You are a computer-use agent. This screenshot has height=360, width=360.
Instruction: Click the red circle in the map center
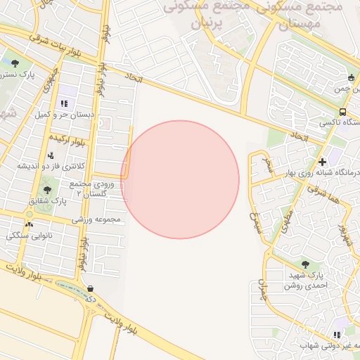point(180,180)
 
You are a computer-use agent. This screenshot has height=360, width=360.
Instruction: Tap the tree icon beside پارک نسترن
point(15,64)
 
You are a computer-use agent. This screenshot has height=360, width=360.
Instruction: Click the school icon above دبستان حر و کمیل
point(64,103)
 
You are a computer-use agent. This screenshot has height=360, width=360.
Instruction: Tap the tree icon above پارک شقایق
point(47,190)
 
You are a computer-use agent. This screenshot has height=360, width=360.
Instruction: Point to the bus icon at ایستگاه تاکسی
point(342,112)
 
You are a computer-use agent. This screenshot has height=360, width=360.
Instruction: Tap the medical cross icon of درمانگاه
point(322,162)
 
